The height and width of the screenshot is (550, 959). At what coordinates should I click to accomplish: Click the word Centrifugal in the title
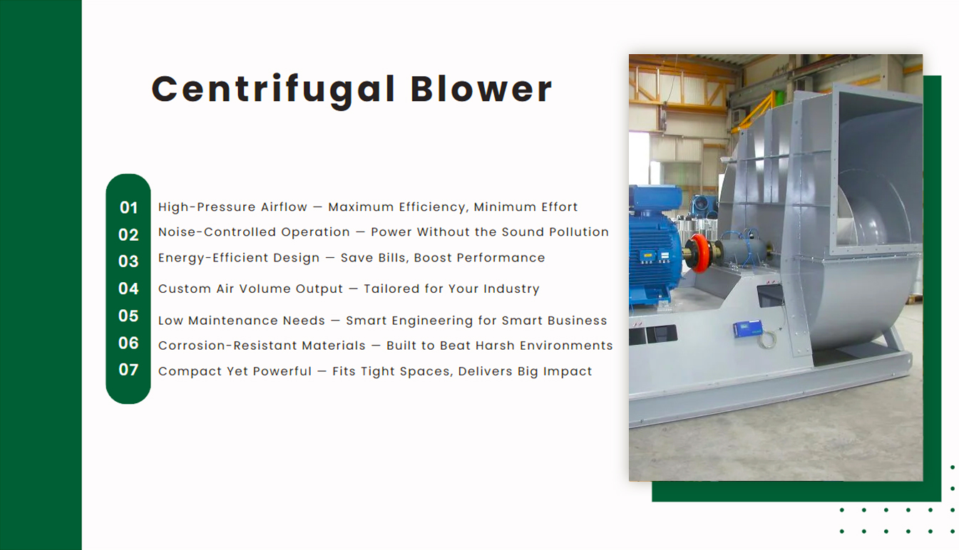(x=273, y=90)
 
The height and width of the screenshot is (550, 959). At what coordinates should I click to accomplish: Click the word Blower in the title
(x=481, y=89)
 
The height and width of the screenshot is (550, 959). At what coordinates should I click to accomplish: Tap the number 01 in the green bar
(x=128, y=207)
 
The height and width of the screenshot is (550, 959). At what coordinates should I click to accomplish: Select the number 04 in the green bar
(x=128, y=289)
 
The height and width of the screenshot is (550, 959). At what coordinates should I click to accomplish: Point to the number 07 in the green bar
(x=128, y=370)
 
